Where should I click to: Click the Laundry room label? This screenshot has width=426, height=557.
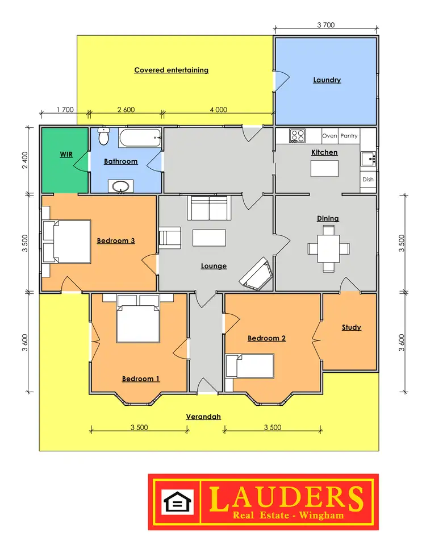327,80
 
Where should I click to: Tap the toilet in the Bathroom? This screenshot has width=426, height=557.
103,137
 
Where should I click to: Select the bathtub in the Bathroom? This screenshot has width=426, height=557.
140,136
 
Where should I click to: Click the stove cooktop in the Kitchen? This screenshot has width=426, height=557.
297,136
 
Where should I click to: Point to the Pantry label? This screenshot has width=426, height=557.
349,136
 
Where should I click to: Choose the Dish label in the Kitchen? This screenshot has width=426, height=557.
368,180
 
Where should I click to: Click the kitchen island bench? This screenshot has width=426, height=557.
324,168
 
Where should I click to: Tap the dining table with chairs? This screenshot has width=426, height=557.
328,249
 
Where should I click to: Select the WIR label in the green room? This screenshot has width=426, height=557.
66,154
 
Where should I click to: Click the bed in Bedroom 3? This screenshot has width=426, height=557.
66,242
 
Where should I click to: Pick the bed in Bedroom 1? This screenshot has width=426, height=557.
138,323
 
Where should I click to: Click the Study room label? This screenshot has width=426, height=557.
351,327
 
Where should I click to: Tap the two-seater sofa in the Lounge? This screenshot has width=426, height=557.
210,209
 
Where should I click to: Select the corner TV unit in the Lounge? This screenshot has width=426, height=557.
256,273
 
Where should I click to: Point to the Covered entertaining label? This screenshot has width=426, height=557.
171,70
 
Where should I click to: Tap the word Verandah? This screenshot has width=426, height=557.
203,417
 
